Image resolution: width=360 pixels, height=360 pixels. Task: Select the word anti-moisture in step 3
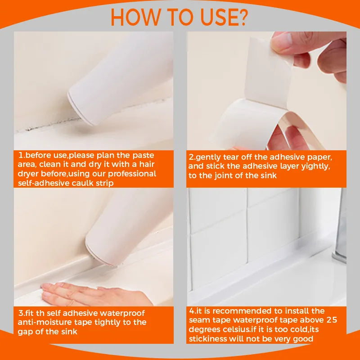(x=44, y=322)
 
